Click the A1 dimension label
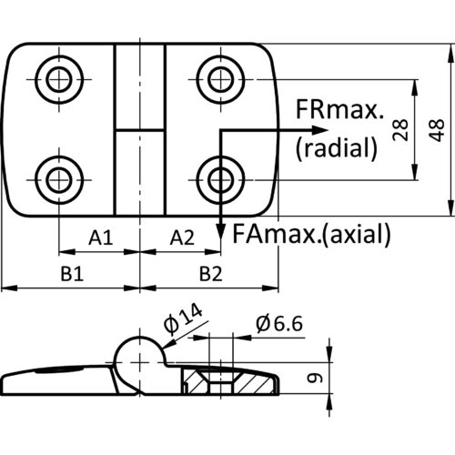tap(101, 238)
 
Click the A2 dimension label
tap(182, 238)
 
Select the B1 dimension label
tap(72, 274)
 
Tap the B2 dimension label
tap(211, 274)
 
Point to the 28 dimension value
tap(400, 130)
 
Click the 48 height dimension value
tap(437, 130)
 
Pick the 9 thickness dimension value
tap(315, 378)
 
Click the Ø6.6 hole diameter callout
tap(279, 323)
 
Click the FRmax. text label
tap(339, 109)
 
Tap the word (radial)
tap(337, 147)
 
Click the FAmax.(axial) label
tap(311, 234)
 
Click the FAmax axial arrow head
tap(221, 232)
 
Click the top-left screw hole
tap(59, 80)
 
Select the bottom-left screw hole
tap(59, 180)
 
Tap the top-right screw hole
tap(220, 80)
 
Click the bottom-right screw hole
tap(220, 180)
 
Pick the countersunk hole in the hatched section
tap(221, 380)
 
